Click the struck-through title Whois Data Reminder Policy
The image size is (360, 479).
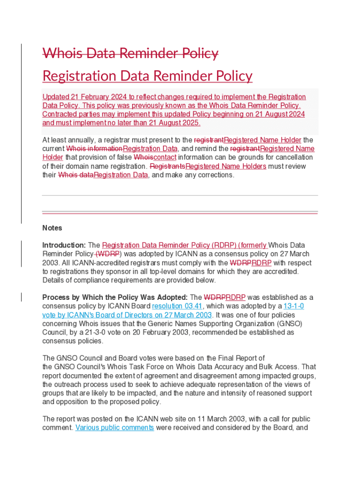130,53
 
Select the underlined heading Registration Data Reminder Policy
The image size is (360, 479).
147,76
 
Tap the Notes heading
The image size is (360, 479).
52,228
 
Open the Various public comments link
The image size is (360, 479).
115,428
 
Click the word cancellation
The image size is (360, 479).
292,157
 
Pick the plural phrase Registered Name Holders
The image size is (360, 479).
226,166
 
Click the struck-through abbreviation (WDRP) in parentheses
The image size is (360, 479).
108,254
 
